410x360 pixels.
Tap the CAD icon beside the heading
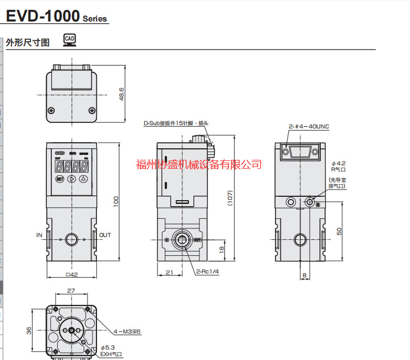click(69, 40)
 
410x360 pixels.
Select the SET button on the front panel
click(60, 179)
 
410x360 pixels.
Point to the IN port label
click(39, 235)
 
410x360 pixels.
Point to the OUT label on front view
click(105, 235)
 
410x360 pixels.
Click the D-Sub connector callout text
click(176, 123)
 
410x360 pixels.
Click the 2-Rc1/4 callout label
click(207, 272)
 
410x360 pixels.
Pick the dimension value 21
click(170, 272)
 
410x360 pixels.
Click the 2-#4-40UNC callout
click(309, 126)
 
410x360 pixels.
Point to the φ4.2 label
click(338, 163)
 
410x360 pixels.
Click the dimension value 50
click(339, 231)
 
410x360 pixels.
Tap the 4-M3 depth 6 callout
click(127, 331)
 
